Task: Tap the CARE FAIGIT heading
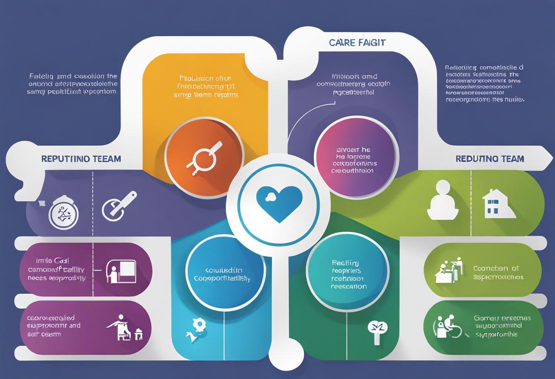coord(357,43)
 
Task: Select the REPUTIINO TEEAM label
coord(81,159)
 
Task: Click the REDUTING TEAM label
coord(490,159)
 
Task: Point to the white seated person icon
coord(442,200)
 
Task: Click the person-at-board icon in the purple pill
coord(120,272)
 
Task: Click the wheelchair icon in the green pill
coord(448,327)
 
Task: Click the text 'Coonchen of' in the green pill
coord(496,268)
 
